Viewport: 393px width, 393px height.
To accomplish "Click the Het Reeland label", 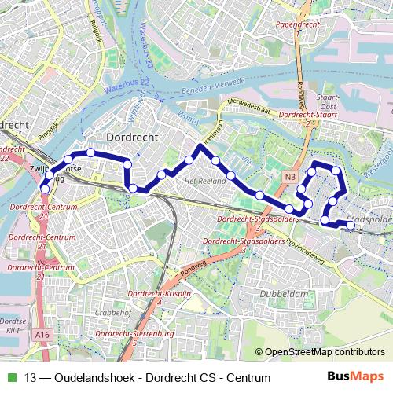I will (199, 181).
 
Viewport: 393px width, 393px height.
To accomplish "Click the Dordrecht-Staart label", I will (308, 115).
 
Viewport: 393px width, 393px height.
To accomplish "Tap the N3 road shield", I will (291, 177).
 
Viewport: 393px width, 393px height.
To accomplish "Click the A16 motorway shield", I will (42, 333).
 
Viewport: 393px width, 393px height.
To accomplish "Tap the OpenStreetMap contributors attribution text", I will (325, 352).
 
